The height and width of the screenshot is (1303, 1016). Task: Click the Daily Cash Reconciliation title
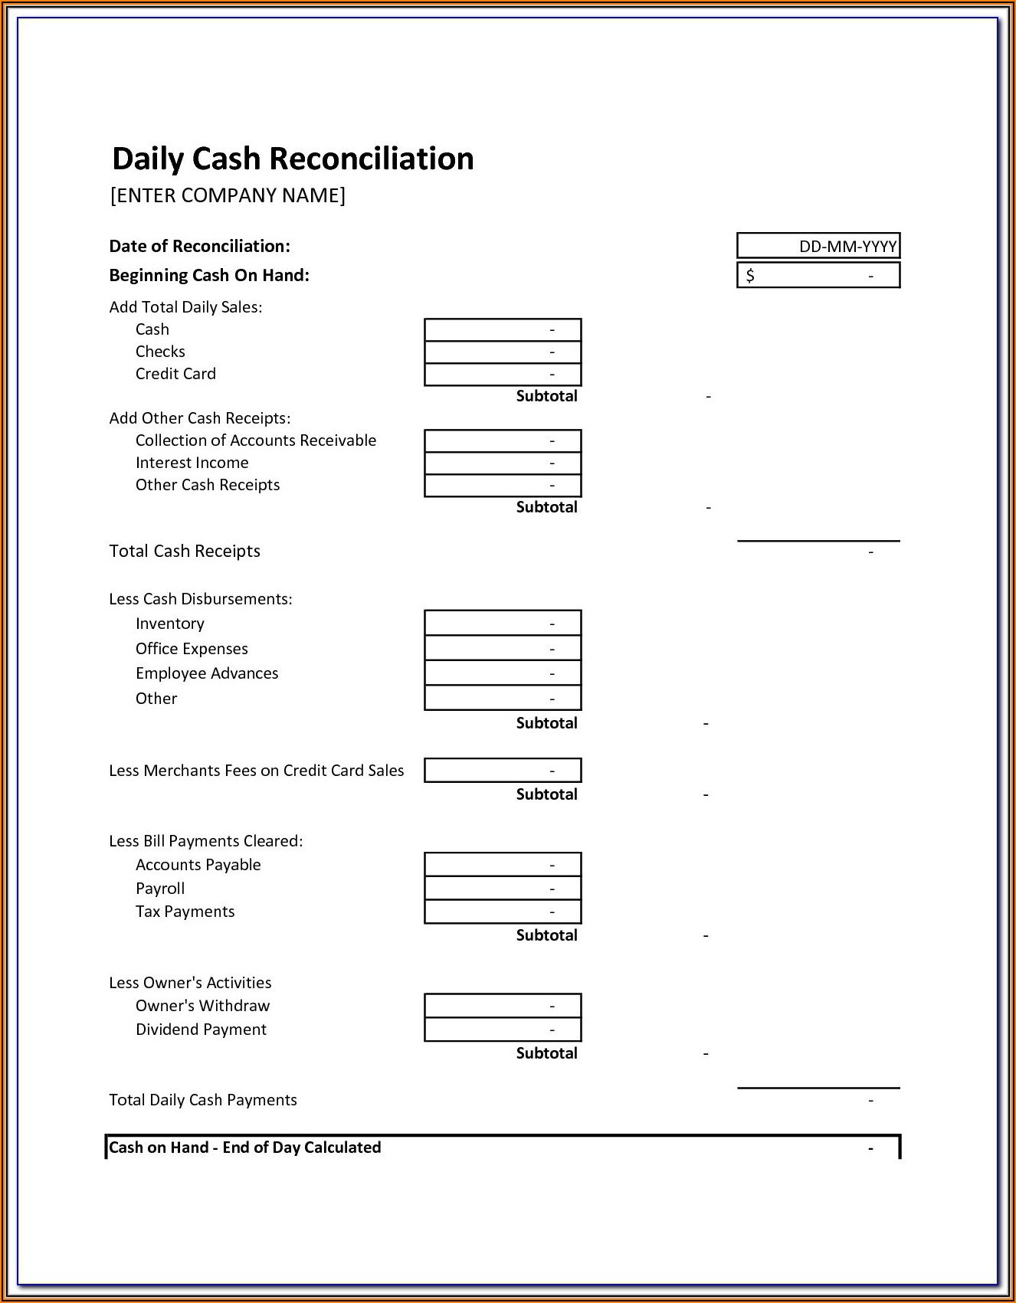click(x=293, y=159)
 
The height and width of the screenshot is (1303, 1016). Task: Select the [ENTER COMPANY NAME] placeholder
click(x=228, y=195)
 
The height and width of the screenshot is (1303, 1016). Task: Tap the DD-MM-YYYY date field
click(x=818, y=246)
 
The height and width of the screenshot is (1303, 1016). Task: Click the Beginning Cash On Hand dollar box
click(x=818, y=275)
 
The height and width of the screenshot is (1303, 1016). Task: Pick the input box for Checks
click(x=503, y=352)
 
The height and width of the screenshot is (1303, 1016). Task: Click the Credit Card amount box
click(x=503, y=374)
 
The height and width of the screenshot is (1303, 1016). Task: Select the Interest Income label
click(x=192, y=463)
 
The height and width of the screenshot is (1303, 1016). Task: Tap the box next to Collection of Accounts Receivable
click(x=503, y=440)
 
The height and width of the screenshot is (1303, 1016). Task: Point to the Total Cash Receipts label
click(x=185, y=552)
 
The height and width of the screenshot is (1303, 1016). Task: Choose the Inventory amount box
click(x=503, y=624)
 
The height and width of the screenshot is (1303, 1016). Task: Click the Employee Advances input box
click(x=503, y=673)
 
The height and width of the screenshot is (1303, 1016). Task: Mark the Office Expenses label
click(x=192, y=649)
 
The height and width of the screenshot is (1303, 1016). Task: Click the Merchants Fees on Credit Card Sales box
click(x=503, y=771)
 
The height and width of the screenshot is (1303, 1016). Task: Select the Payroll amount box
click(x=503, y=889)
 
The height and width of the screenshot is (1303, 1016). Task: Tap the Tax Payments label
click(x=185, y=912)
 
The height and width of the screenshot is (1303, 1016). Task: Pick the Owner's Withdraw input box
click(x=503, y=1006)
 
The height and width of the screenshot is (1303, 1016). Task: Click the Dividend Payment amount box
click(x=503, y=1030)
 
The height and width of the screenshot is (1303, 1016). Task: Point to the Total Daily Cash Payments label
click(x=203, y=1100)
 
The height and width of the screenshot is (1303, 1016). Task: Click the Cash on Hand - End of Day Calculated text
click(x=245, y=1147)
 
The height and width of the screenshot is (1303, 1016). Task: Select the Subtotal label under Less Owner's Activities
click(x=546, y=1053)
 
